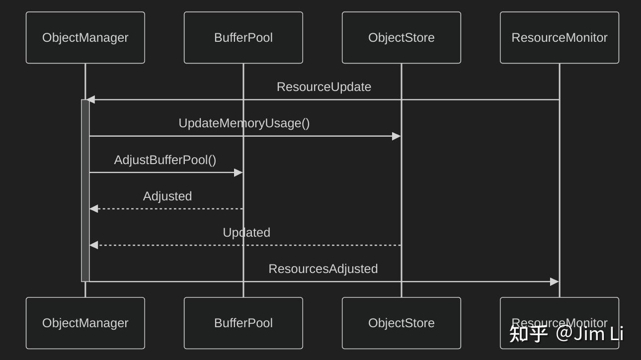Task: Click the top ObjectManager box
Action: [x=85, y=38]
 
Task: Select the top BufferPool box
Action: [x=243, y=38]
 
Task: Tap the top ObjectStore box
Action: [x=401, y=38]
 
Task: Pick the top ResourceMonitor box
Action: [x=559, y=38]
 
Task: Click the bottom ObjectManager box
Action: [x=85, y=323]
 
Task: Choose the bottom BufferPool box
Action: [x=243, y=323]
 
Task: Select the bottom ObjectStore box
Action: [x=401, y=323]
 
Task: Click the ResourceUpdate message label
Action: [x=323, y=87]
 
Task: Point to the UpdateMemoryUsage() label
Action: [x=244, y=123]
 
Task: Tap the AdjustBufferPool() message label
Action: [x=165, y=160]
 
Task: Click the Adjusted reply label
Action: [x=167, y=196]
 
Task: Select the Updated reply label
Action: [x=246, y=233]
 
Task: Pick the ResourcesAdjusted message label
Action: [x=323, y=269]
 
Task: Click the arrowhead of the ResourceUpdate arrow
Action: [x=90, y=100]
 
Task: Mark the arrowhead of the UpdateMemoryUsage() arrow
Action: [x=396, y=136]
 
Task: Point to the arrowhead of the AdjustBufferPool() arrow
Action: [x=238, y=173]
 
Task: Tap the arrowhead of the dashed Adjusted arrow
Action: [x=94, y=209]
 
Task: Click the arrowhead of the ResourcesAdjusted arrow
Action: [x=554, y=282]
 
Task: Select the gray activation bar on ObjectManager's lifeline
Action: [x=85, y=190]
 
